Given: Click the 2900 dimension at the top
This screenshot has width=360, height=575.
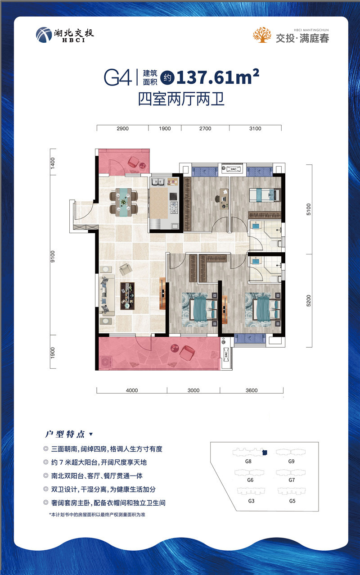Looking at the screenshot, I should click(123, 129).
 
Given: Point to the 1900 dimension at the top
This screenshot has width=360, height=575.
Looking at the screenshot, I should click(165, 129).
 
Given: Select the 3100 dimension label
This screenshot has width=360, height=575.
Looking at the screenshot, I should click(255, 129).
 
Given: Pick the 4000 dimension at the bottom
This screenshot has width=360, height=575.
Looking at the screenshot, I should click(132, 390).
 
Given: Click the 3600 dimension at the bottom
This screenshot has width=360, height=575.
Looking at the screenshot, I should click(251, 390).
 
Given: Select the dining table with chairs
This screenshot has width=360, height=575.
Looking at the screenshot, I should click(124, 202).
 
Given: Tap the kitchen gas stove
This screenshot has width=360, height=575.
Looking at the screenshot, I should click(174, 208).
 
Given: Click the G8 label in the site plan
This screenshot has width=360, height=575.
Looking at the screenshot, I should click(248, 461).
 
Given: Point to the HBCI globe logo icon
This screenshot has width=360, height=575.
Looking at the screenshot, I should click(43, 35).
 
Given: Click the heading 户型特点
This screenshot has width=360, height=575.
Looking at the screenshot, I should click(66, 435).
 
